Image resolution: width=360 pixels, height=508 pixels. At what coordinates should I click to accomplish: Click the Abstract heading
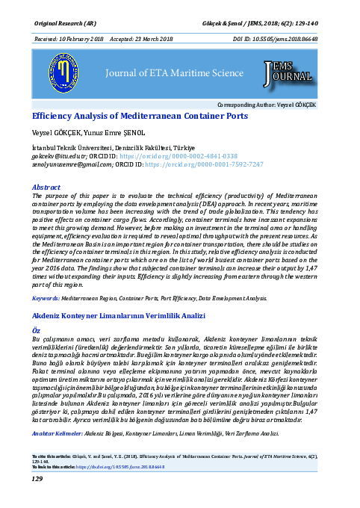pos(46,186)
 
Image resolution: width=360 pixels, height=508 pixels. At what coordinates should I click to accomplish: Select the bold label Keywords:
pos(46,298)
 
